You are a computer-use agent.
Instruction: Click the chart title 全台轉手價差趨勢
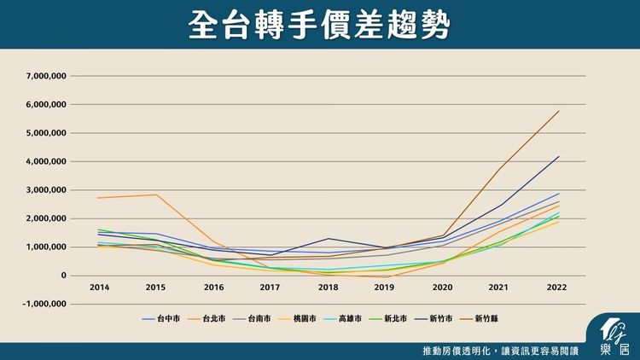[x=320, y=25]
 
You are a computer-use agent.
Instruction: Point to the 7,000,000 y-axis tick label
[x=47, y=76]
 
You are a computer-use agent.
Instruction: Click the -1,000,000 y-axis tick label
[x=46, y=304]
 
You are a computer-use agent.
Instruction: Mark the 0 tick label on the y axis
[x=64, y=276]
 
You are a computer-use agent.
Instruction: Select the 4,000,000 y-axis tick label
[x=47, y=161]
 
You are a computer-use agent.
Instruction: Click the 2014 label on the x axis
[x=98, y=287]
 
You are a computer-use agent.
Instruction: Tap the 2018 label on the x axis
[x=328, y=287]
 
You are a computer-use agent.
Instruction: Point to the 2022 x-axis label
[x=556, y=287]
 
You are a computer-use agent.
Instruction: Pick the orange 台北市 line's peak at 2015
[x=155, y=195]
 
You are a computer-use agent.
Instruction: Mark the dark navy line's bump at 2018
[x=328, y=238]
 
